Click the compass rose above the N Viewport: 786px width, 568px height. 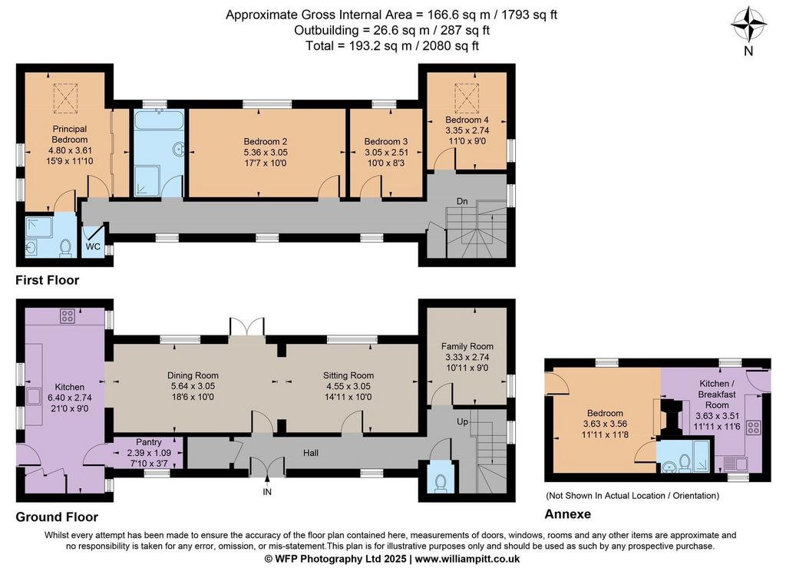[x=748, y=24]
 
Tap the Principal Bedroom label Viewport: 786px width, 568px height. [x=70, y=134]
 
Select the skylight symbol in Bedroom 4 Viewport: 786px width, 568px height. [x=467, y=97]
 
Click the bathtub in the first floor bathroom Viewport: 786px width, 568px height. [x=160, y=121]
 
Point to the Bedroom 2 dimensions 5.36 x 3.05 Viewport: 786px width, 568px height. [x=266, y=153]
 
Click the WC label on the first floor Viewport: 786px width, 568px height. [x=93, y=246]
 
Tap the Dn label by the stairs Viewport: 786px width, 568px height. [x=462, y=202]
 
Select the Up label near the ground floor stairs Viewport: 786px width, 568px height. [x=462, y=421]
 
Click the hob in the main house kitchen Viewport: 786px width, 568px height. [x=68, y=315]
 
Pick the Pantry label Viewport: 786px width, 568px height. [x=149, y=442]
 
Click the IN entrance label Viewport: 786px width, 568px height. [x=267, y=492]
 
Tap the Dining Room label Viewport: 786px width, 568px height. [x=193, y=375]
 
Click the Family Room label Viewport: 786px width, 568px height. [x=467, y=346]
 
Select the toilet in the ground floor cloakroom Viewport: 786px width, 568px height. [x=441, y=482]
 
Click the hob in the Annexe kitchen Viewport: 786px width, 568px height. [x=754, y=428]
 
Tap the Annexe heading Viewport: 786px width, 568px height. [x=568, y=514]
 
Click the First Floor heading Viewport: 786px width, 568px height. [x=47, y=279]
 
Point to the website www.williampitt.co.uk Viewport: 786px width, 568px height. [x=467, y=559]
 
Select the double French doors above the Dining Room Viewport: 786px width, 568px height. [x=246, y=327]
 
